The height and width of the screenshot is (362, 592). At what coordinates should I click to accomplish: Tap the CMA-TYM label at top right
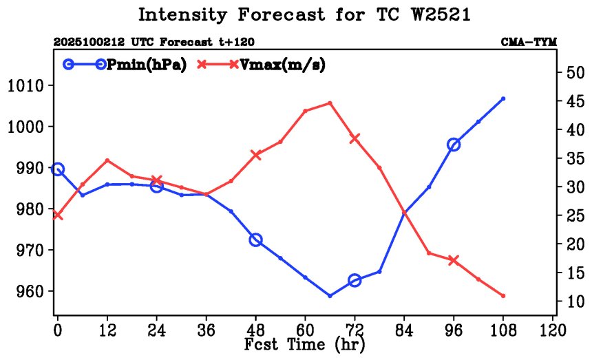pyautogui.click(x=529, y=43)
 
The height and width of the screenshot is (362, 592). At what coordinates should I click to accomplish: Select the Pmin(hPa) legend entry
pyautogui.click(x=147, y=65)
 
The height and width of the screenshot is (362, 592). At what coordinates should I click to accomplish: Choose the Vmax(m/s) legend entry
pyautogui.click(x=282, y=65)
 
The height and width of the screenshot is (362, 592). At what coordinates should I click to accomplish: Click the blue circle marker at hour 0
pyautogui.click(x=58, y=169)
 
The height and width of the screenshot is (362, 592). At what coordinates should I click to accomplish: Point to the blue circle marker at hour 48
pyautogui.click(x=255, y=240)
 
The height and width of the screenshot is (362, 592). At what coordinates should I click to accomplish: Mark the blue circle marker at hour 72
pyautogui.click(x=355, y=280)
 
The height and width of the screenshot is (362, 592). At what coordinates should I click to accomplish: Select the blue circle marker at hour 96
pyautogui.click(x=454, y=145)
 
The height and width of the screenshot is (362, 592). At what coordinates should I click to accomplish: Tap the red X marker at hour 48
pyautogui.click(x=255, y=155)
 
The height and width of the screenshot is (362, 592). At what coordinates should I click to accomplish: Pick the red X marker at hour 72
pyautogui.click(x=355, y=138)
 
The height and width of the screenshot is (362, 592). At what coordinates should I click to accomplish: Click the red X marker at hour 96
pyautogui.click(x=454, y=260)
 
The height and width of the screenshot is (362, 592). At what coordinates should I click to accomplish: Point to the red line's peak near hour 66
pyautogui.click(x=330, y=103)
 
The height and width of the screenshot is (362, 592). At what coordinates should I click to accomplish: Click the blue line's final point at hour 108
pyautogui.click(x=503, y=98)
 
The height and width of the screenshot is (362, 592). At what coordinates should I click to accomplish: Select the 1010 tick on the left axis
pyautogui.click(x=26, y=86)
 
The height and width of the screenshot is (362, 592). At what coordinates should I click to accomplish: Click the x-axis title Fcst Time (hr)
pyautogui.click(x=305, y=343)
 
